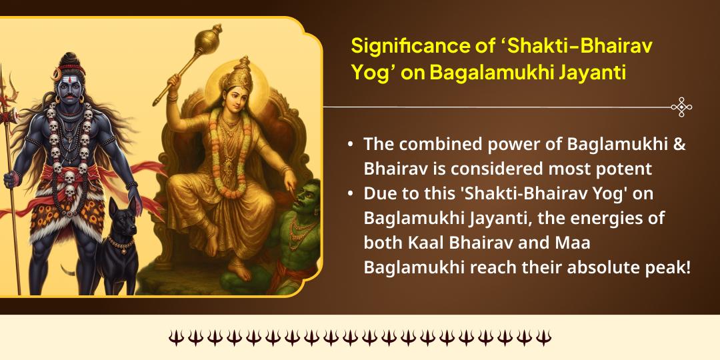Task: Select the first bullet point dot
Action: click(351, 145)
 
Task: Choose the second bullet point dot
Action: click(351, 194)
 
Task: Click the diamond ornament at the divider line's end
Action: click(681, 107)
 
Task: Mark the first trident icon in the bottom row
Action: click(175, 337)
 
